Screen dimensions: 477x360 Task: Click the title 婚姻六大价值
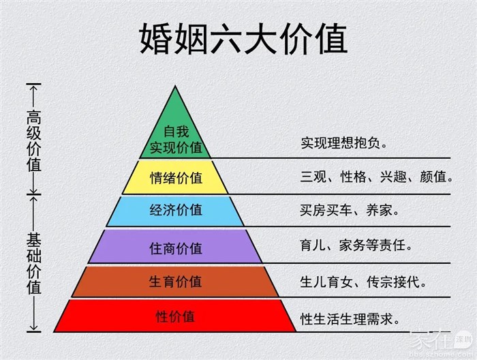pos(243,39)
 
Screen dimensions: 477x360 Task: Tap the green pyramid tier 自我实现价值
pos(175,134)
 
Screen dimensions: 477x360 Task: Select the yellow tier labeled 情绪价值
pos(175,177)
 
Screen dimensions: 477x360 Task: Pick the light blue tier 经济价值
pos(175,211)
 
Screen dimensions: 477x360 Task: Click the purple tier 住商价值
pos(175,247)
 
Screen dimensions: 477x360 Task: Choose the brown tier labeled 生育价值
pos(175,282)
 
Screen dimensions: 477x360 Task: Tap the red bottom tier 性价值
pos(175,316)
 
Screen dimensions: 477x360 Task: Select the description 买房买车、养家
pos(349,210)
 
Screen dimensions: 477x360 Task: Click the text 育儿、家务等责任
pos(356,245)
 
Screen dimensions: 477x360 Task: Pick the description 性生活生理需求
pos(350,319)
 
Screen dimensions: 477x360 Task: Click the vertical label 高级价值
pos(34,140)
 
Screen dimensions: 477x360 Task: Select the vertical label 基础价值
pos(34,263)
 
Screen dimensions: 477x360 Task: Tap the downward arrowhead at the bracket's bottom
pos(34,328)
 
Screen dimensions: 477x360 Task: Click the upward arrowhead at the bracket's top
pos(34,88)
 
